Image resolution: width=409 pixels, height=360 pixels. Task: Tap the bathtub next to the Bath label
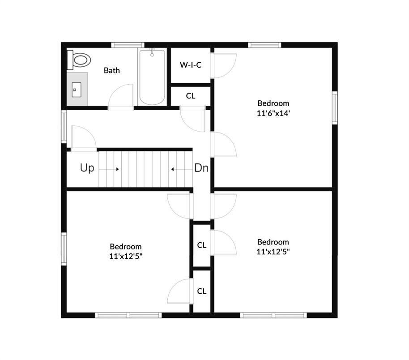(152, 77)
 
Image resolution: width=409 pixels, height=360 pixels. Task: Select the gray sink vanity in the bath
(77, 89)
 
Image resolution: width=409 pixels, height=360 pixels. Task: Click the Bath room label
(112, 70)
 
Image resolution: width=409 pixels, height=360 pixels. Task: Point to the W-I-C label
(191, 65)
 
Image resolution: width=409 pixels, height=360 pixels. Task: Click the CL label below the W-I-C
(191, 96)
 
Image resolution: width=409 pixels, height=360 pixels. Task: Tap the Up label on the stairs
(87, 169)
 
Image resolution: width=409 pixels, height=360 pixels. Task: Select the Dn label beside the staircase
(201, 169)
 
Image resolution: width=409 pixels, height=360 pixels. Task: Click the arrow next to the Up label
(109, 169)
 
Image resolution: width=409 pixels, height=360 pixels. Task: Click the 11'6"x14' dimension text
(273, 113)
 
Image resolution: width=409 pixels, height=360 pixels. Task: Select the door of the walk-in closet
(224, 65)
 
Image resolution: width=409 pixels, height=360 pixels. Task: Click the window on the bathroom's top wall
(128, 45)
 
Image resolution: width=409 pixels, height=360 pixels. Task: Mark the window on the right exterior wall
(334, 107)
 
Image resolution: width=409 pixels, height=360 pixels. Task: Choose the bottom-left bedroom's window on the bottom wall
(129, 315)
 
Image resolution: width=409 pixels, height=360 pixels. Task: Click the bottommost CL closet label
(202, 291)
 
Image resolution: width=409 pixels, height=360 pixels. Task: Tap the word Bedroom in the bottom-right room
(273, 242)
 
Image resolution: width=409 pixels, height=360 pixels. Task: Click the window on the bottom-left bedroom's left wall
(64, 249)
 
